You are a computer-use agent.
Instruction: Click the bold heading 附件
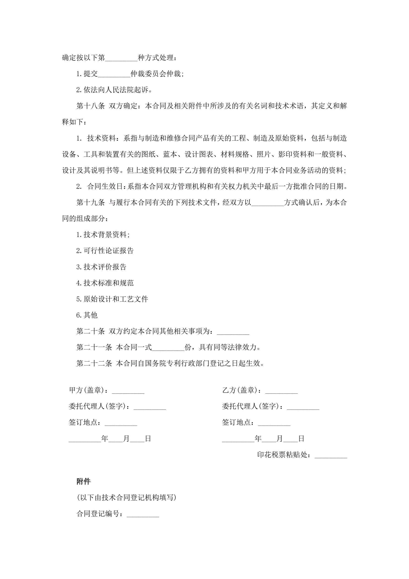click(83, 481)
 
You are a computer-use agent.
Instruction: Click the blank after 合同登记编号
click(143, 514)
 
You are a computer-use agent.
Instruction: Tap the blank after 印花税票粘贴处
click(331, 455)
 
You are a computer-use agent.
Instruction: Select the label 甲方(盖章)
click(86, 390)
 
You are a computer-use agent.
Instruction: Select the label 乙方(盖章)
click(240, 390)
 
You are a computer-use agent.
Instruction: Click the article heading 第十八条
click(91, 106)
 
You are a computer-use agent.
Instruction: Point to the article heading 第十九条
click(91, 202)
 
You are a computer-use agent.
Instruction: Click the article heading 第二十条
click(91, 331)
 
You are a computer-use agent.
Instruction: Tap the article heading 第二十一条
click(94, 347)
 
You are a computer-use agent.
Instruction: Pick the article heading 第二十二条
click(94, 363)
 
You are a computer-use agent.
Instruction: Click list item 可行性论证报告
click(105, 251)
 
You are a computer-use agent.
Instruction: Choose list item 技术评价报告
click(101, 267)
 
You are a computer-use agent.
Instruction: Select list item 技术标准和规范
click(105, 283)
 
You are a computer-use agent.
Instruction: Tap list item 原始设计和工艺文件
click(112, 299)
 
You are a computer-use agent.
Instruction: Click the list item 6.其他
click(87, 315)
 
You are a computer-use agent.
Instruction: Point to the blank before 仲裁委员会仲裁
click(114, 74)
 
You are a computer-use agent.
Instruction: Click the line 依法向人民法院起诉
click(114, 90)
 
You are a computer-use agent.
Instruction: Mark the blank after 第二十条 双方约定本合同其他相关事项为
click(233, 332)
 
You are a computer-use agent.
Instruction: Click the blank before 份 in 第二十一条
click(168, 348)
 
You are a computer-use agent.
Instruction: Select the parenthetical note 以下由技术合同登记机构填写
click(126, 498)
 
